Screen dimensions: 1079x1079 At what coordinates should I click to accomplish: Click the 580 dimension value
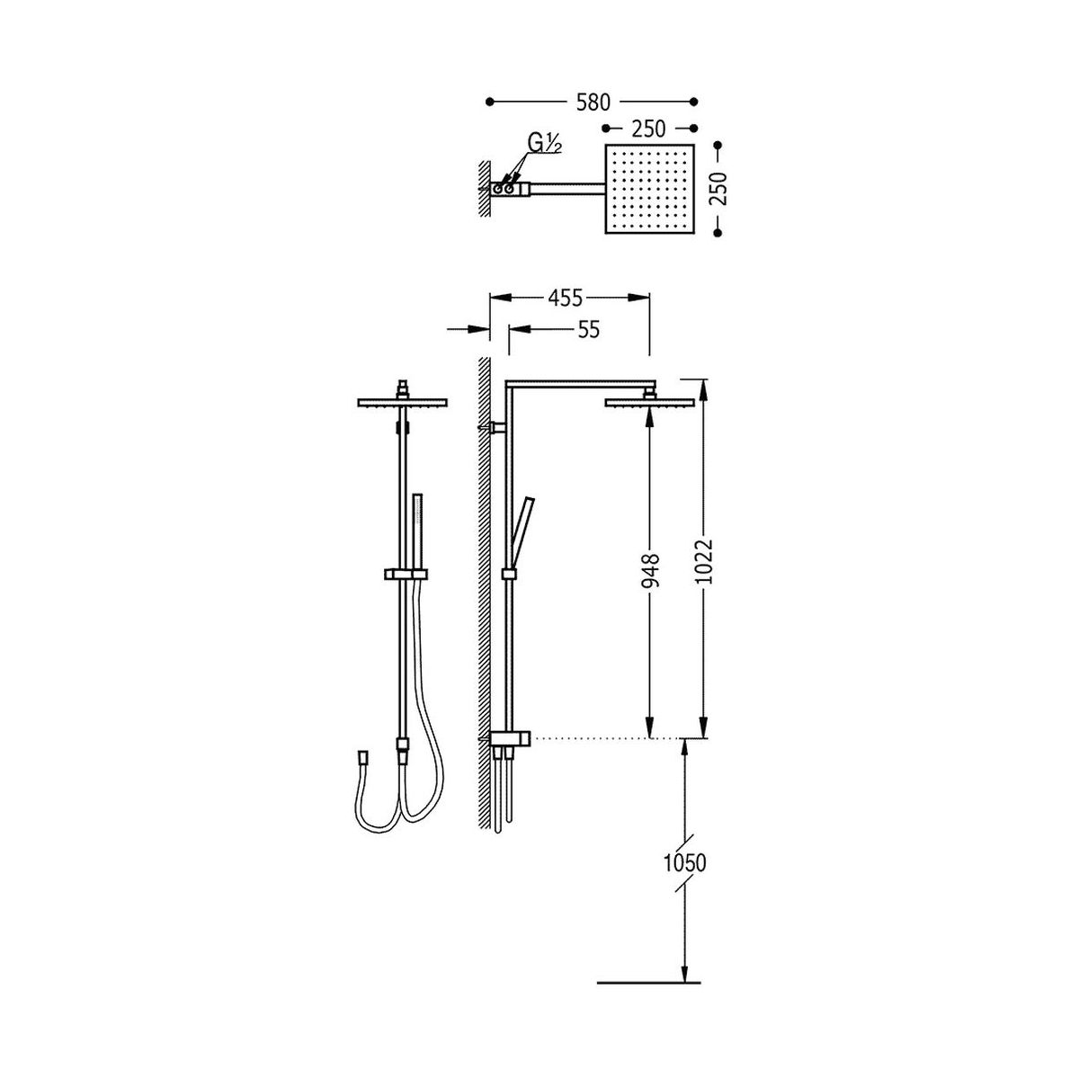[x=593, y=103]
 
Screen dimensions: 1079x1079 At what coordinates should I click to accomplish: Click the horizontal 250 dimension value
[x=648, y=129]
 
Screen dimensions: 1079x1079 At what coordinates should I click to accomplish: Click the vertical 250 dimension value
[x=718, y=189]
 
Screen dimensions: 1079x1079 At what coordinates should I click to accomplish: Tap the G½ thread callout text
[x=544, y=145]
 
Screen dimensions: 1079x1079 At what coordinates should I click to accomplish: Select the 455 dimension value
[x=565, y=299]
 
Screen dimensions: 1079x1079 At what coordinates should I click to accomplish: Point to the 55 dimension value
[x=587, y=330]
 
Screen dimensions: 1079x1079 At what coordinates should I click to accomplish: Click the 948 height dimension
[x=651, y=570]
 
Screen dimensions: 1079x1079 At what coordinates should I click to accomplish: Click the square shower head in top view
[x=649, y=189]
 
